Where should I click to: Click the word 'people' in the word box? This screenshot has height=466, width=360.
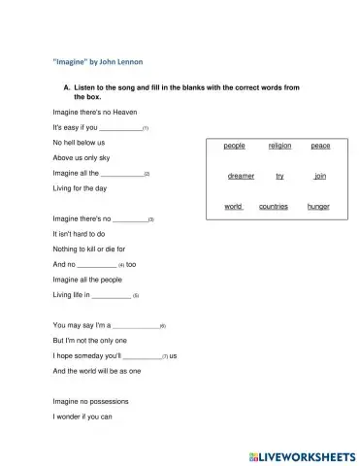pos(234,146)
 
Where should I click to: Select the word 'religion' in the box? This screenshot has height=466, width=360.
pos(279,146)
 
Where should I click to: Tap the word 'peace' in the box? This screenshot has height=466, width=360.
pos(320,146)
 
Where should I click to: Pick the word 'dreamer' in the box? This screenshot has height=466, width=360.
pos(241,176)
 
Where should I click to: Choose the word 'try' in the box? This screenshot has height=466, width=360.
pos(279,176)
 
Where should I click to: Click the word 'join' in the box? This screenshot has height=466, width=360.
pos(320,176)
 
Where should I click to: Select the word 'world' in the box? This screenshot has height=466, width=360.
pos(233,207)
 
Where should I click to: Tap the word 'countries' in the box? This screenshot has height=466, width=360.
pos(274,207)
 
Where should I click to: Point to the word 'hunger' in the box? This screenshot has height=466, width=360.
pos(318,207)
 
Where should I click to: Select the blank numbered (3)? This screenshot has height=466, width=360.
pos(130,219)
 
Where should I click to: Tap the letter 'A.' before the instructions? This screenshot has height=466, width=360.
pos(66,88)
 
